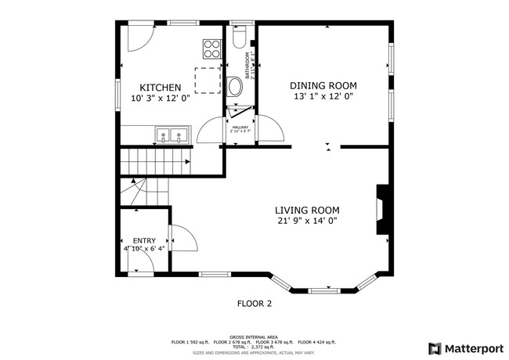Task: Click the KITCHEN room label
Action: tap(161, 88)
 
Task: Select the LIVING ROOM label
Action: tap(306, 210)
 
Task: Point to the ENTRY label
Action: tap(143, 241)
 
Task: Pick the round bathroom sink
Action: tap(235, 85)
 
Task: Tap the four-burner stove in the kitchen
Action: tap(211, 49)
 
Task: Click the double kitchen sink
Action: tap(171, 136)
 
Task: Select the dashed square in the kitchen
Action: tap(207, 80)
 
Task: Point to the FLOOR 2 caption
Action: tap(254, 303)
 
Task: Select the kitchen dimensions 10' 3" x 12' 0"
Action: tap(161, 99)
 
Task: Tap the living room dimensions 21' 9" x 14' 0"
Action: tap(306, 221)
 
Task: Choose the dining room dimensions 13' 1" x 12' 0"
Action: tap(323, 97)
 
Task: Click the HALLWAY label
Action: tap(240, 128)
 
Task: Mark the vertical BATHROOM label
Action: tap(247, 66)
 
